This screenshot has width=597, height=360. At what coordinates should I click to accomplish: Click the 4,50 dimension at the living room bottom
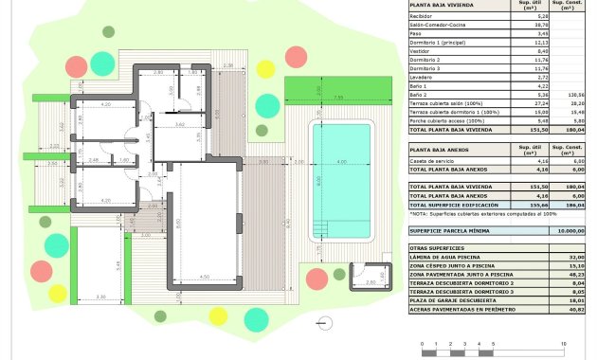[x=204, y=277]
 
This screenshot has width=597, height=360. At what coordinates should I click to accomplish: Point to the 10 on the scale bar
[x=564, y=343]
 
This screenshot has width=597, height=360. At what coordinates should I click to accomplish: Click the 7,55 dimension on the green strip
[x=337, y=98]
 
